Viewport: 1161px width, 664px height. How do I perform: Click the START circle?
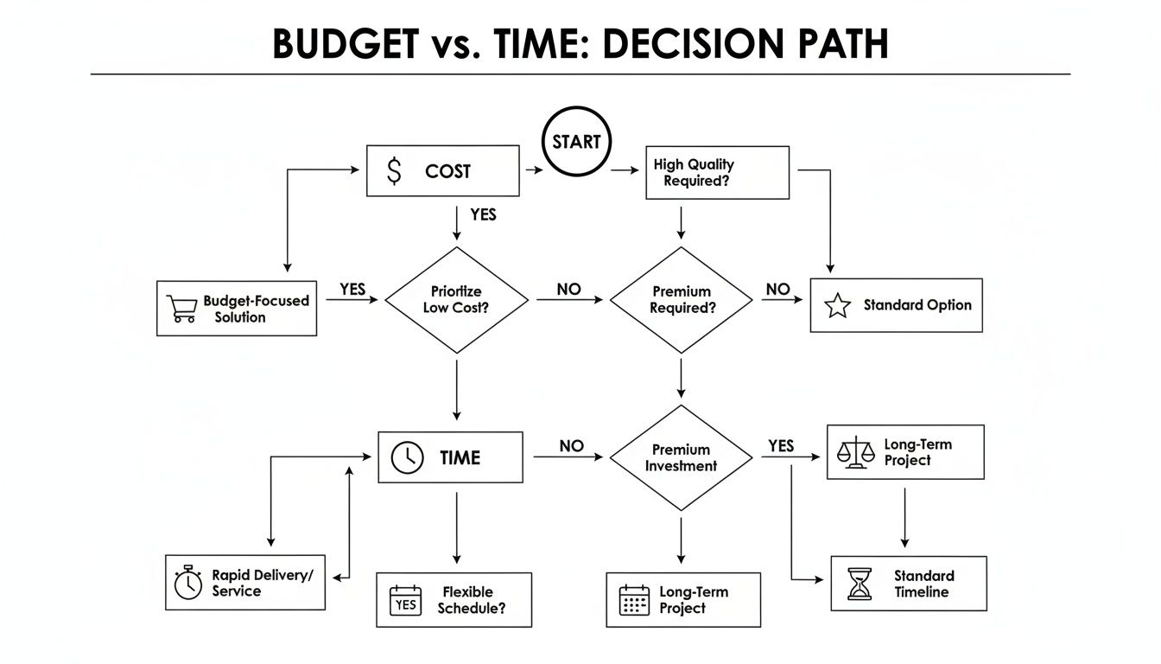pyautogui.click(x=576, y=143)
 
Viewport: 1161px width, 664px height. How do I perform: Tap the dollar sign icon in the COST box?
pyautogui.click(x=395, y=171)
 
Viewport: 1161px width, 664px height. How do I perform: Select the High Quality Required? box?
pyautogui.click(x=717, y=173)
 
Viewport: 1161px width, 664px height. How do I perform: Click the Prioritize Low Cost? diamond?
pyautogui.click(x=456, y=299)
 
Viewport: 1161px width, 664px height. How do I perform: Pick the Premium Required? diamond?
pyautogui.click(x=682, y=299)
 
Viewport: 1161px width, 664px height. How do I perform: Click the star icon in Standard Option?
pyautogui.click(x=837, y=306)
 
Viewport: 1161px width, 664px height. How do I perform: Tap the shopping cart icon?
pyautogui.click(x=181, y=309)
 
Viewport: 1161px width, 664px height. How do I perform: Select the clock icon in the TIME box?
pyautogui.click(x=408, y=457)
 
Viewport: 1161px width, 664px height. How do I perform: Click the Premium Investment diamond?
pyautogui.click(x=682, y=457)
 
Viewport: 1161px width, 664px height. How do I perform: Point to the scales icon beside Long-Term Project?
pyautogui.click(x=855, y=452)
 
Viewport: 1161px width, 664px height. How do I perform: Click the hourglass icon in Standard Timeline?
pyautogui.click(x=860, y=584)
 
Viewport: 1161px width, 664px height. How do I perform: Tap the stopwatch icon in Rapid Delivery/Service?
pyautogui.click(x=187, y=583)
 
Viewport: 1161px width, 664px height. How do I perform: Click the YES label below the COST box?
pyautogui.click(x=483, y=214)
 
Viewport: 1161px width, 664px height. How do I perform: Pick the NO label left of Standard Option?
pyautogui.click(x=778, y=290)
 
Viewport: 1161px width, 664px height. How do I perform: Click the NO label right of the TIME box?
pyautogui.click(x=571, y=446)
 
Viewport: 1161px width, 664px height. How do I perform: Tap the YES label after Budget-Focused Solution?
pyautogui.click(x=352, y=290)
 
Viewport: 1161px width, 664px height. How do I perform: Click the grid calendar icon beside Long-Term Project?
pyautogui.click(x=635, y=600)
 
